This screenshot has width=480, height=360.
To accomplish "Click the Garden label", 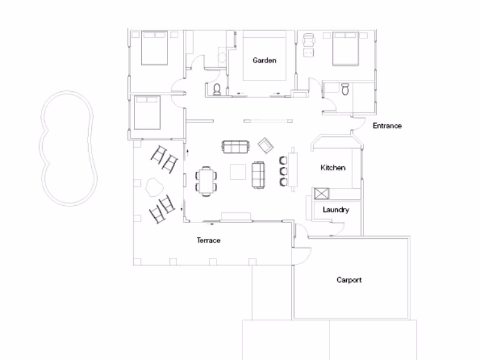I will (x=265, y=60).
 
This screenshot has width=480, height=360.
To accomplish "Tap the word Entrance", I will (x=387, y=126).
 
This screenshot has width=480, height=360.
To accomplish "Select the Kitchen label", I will (x=332, y=168).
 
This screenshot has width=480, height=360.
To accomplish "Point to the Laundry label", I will (x=335, y=210).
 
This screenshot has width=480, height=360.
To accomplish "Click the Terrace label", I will (x=209, y=241).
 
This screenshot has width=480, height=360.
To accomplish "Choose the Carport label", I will (x=349, y=280).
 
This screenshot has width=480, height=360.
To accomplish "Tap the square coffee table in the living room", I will (x=238, y=172).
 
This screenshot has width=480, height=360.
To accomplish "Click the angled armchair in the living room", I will (x=265, y=145).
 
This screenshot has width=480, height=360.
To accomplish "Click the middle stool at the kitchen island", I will (x=283, y=170).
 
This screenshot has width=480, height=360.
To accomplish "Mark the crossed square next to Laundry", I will (x=320, y=194).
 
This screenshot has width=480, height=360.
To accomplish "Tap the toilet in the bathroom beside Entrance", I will (x=345, y=89).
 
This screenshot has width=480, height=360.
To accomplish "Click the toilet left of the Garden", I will (x=217, y=91).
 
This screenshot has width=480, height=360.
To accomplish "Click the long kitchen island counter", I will (x=293, y=170).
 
